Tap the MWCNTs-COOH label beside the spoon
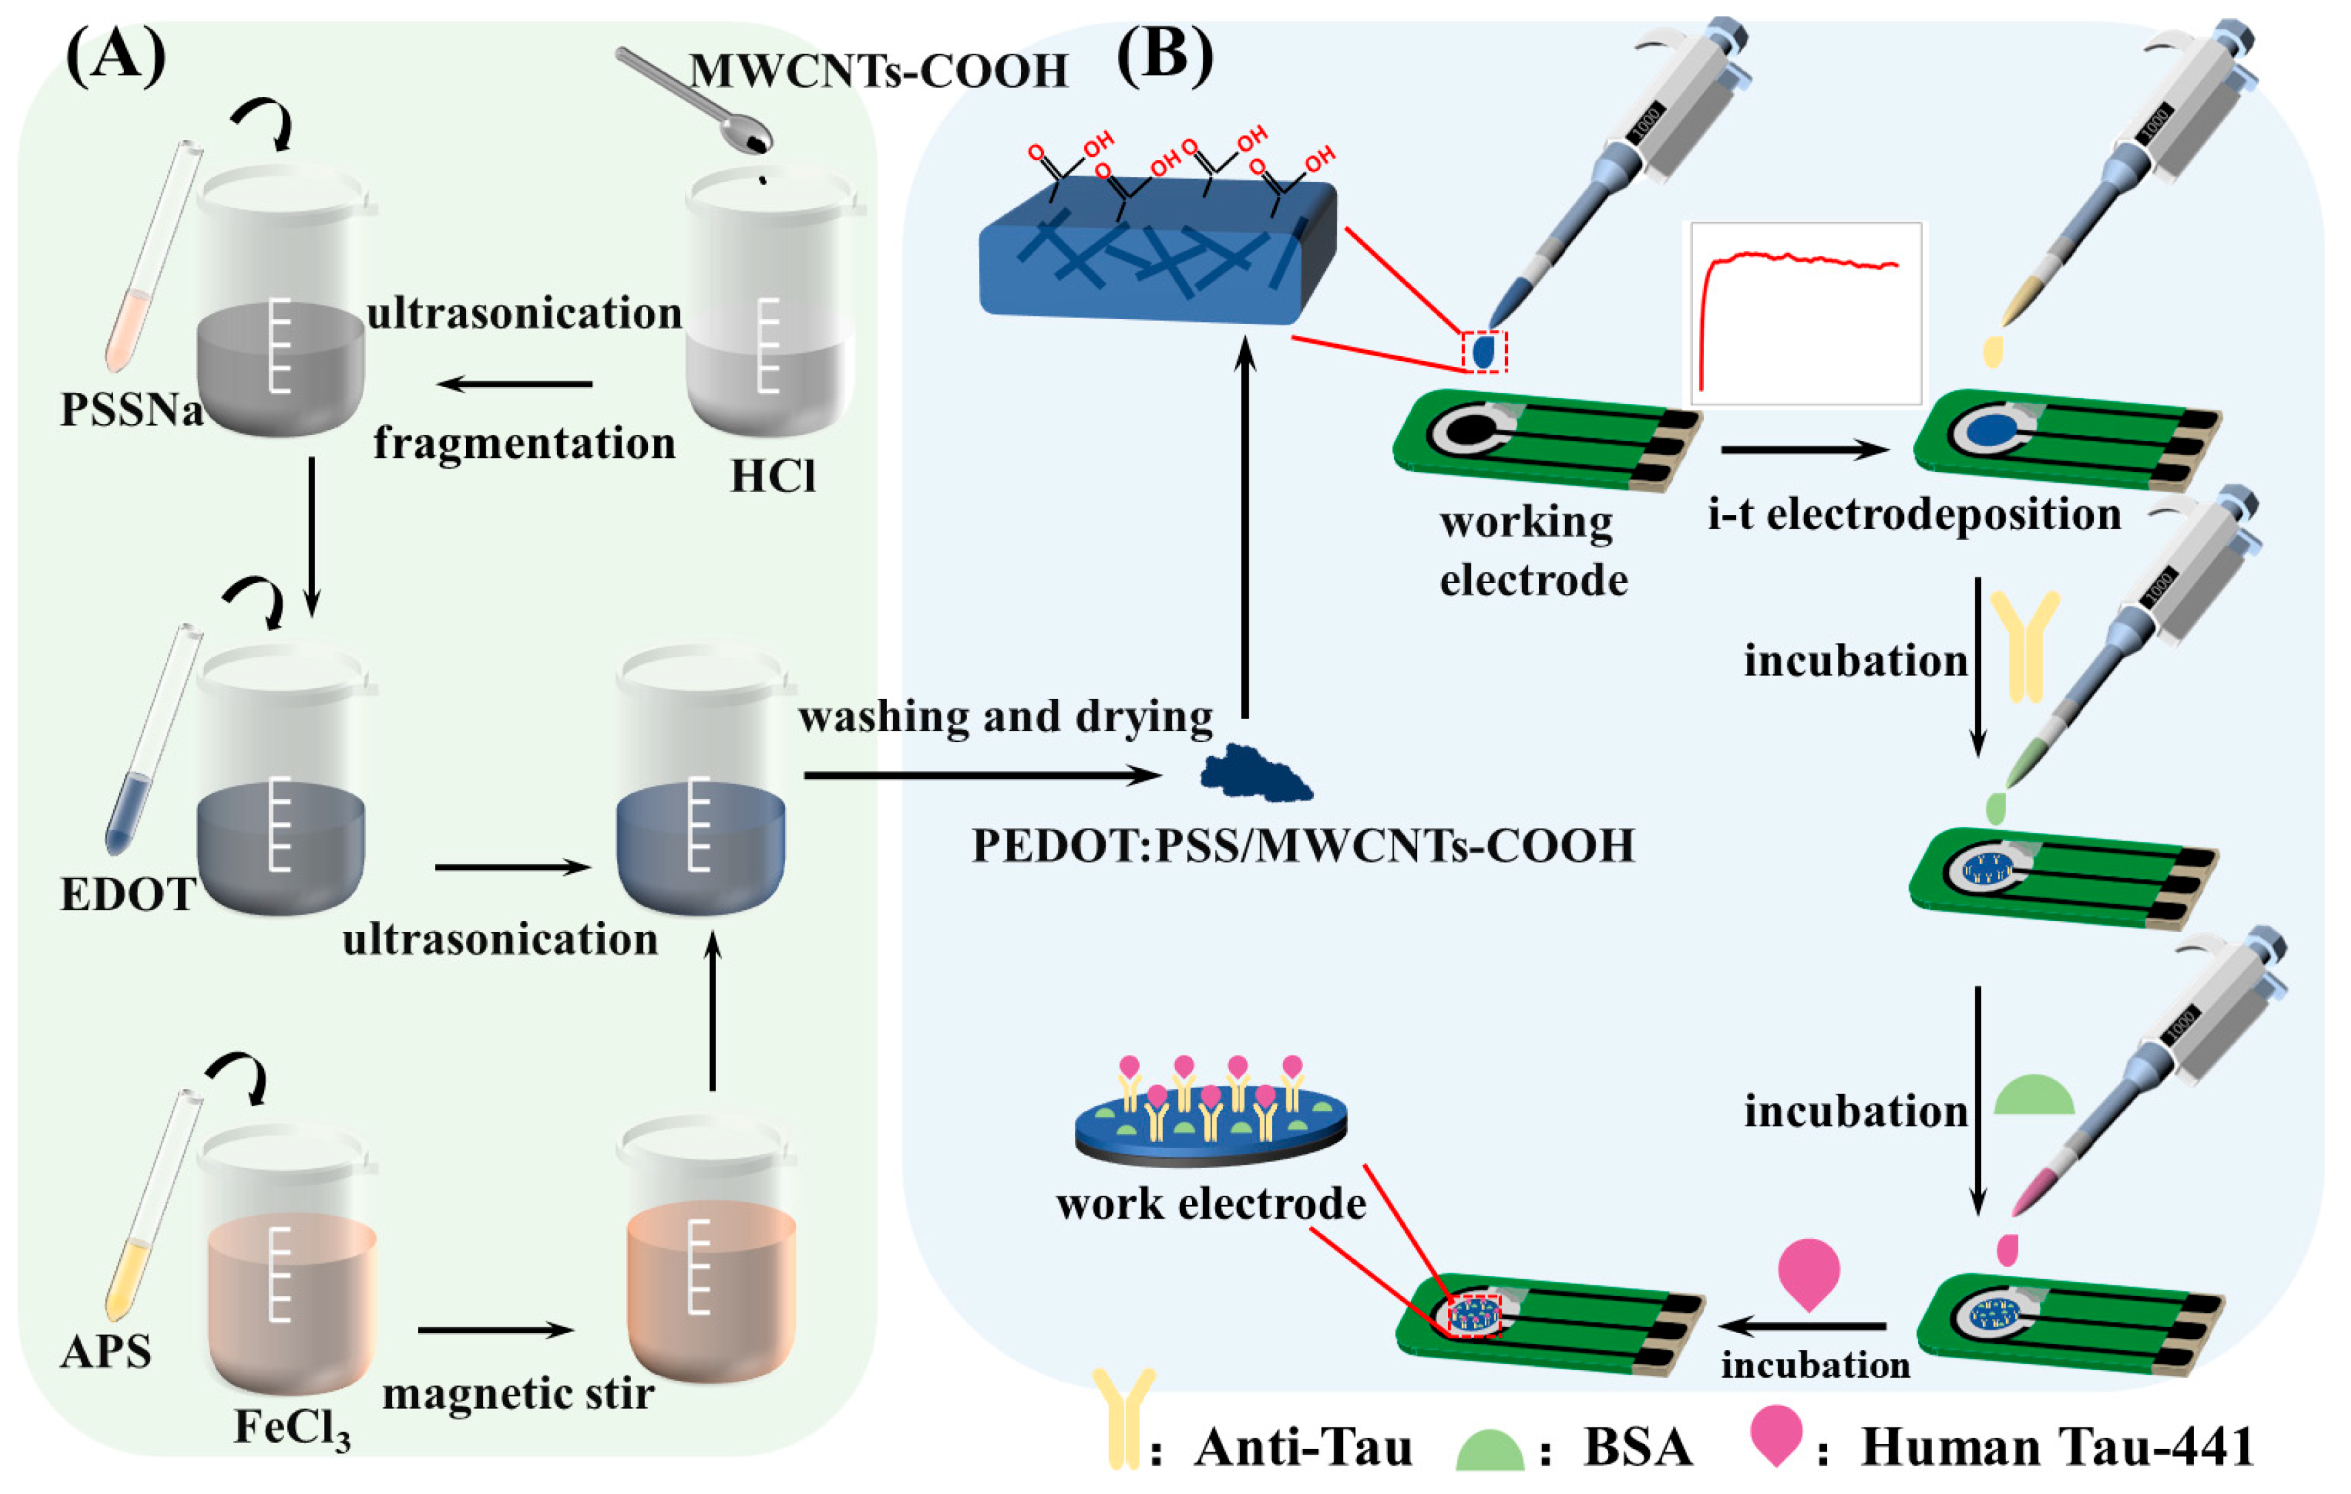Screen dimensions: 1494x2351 point(879,71)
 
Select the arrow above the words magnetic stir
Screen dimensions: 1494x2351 point(495,1330)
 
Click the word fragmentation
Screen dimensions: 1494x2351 point(525,443)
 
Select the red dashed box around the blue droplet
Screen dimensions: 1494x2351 point(1484,351)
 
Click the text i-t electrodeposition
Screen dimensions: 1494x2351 point(1914,514)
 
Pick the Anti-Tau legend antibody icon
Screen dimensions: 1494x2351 point(1123,1420)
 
